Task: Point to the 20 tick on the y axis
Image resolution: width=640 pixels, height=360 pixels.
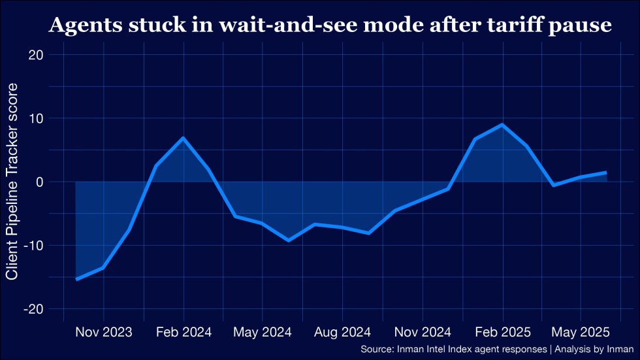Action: pyautogui.click(x=36, y=55)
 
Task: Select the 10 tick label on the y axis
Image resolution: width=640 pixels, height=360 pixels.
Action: pyautogui.click(x=37, y=118)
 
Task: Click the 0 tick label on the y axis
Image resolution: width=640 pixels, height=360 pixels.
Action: pyautogui.click(x=40, y=182)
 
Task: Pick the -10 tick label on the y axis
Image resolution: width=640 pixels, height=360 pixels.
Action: pyautogui.click(x=34, y=245)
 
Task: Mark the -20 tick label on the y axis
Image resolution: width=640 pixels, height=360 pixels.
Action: pyautogui.click(x=34, y=308)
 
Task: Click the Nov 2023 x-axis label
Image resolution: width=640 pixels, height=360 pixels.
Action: pyautogui.click(x=103, y=331)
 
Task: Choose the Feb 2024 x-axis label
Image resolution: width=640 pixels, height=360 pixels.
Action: pyautogui.click(x=184, y=331)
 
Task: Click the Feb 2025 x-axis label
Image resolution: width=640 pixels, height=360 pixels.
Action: pyautogui.click(x=502, y=331)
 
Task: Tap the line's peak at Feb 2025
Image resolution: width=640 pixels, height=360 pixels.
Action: pyautogui.click(x=502, y=125)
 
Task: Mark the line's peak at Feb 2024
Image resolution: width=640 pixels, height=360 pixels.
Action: pyautogui.click(x=183, y=138)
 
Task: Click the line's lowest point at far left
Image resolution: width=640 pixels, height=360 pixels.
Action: pyautogui.click(x=76, y=279)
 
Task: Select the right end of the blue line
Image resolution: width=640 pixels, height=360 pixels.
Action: pyautogui.click(x=606, y=172)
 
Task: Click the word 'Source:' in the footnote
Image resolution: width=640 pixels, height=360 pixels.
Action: pyautogui.click(x=377, y=349)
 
